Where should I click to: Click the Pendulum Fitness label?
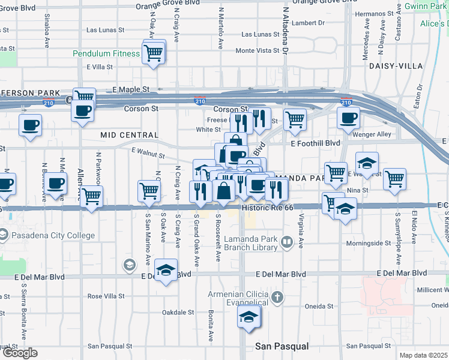[x=106, y=53]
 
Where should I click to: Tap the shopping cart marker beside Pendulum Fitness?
[x=154, y=52]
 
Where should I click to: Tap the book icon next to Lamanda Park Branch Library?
[x=287, y=242]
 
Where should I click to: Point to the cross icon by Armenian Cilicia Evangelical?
[x=277, y=298]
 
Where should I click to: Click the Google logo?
[x=20, y=353]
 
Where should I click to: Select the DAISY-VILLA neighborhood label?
[x=396, y=65]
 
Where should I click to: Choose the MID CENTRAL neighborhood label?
[x=130, y=135]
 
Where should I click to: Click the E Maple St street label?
[x=130, y=89]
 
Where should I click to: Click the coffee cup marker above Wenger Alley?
[x=348, y=118]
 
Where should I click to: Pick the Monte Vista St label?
[x=258, y=50]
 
